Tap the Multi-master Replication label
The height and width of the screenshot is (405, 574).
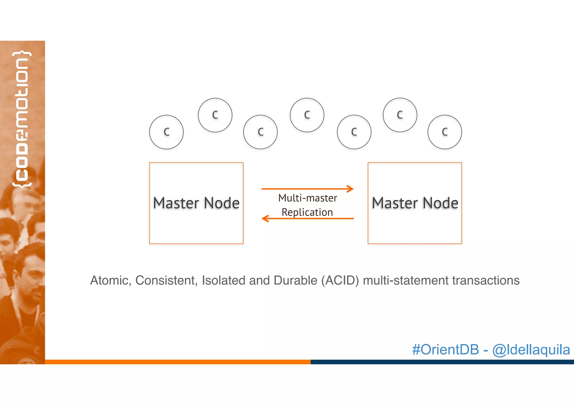coord(307,205)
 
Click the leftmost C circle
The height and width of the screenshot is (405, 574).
coord(166,132)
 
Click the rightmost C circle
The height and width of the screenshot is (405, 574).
coord(445,132)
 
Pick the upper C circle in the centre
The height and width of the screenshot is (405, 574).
coord(307,115)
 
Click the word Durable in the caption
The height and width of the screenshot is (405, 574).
coord(295,280)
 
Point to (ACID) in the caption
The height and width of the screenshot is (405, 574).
coord(340,280)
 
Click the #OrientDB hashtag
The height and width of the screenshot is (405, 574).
coord(445,350)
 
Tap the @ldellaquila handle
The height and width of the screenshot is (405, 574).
coord(531,350)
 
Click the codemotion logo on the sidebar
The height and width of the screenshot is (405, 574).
coord(22,119)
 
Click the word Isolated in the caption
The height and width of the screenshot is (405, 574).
coord(223,280)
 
